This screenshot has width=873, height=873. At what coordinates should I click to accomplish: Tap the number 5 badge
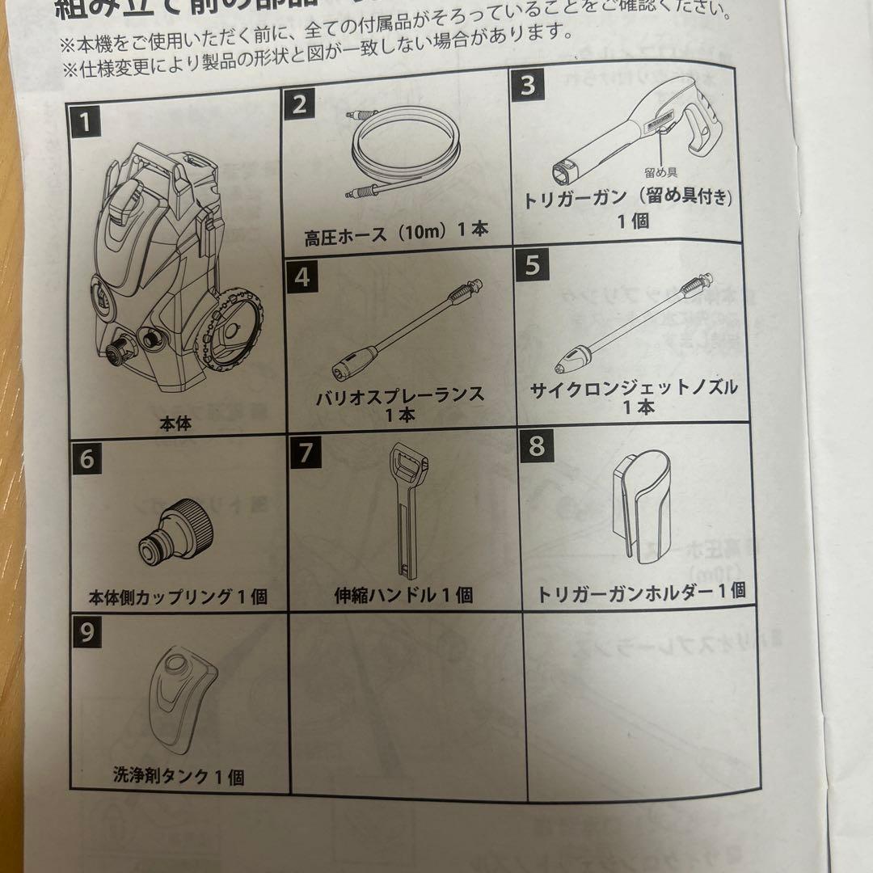point(531,265)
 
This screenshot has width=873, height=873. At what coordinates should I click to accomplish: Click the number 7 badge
point(305,451)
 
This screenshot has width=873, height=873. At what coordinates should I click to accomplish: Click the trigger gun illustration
point(639,129)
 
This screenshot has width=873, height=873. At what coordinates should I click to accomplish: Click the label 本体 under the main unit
point(175,423)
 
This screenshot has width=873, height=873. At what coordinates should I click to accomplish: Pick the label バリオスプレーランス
point(402,395)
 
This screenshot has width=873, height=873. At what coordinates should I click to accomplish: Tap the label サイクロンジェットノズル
point(635,387)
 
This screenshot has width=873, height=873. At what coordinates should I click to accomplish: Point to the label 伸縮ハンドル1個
point(404,596)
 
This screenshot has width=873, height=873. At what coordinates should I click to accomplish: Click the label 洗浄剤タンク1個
point(178,777)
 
